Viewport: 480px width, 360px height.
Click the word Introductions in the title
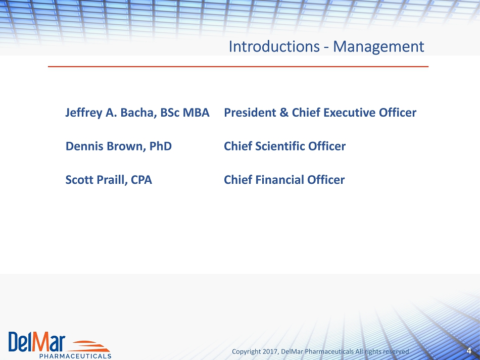point(274,46)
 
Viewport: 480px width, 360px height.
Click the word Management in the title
point(378,47)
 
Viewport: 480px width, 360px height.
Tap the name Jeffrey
point(84,113)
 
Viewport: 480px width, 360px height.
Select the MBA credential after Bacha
point(196,113)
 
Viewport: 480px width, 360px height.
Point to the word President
point(250,113)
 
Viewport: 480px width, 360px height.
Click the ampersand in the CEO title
point(284,113)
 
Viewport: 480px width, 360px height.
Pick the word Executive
point(349,113)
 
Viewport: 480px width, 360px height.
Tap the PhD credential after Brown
point(160,146)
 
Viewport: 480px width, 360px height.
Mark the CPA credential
point(141,180)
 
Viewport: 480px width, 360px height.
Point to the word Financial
point(279,180)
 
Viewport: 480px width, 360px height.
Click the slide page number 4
point(469,351)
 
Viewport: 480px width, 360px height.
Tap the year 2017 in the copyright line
point(270,351)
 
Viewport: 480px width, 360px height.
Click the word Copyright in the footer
point(247,352)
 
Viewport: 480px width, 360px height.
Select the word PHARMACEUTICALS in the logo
point(75,356)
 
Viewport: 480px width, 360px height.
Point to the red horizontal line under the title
point(238,66)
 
